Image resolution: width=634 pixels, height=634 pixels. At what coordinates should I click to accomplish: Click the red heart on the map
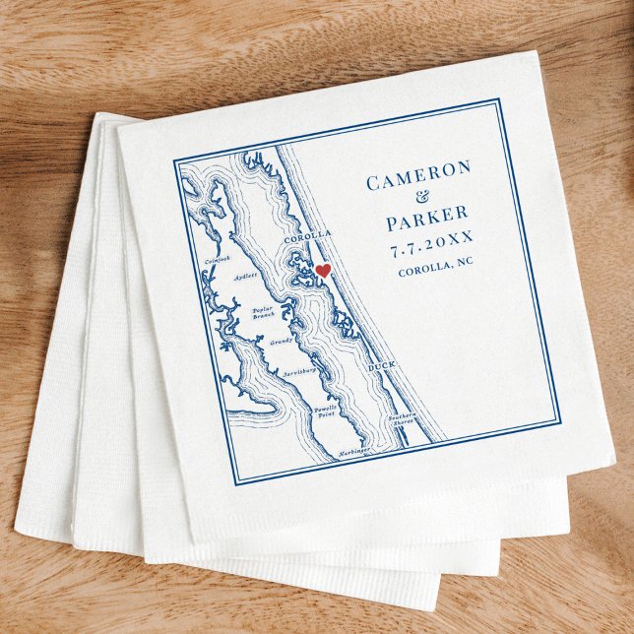tap(322, 271)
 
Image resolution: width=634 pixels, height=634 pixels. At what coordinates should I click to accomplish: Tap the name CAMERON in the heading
tap(418, 181)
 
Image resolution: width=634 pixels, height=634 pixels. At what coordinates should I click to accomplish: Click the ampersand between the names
tap(424, 197)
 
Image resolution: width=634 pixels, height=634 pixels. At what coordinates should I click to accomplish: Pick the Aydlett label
tap(245, 277)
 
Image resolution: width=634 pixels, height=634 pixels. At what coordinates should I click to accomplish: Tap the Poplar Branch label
tap(263, 312)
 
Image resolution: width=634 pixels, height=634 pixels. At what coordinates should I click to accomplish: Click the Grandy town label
tap(282, 342)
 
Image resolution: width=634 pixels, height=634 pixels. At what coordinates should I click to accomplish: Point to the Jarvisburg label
tap(298, 371)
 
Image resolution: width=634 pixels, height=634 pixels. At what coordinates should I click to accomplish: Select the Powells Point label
tap(326, 411)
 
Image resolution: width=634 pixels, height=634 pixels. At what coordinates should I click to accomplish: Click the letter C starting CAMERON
tap(373, 184)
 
